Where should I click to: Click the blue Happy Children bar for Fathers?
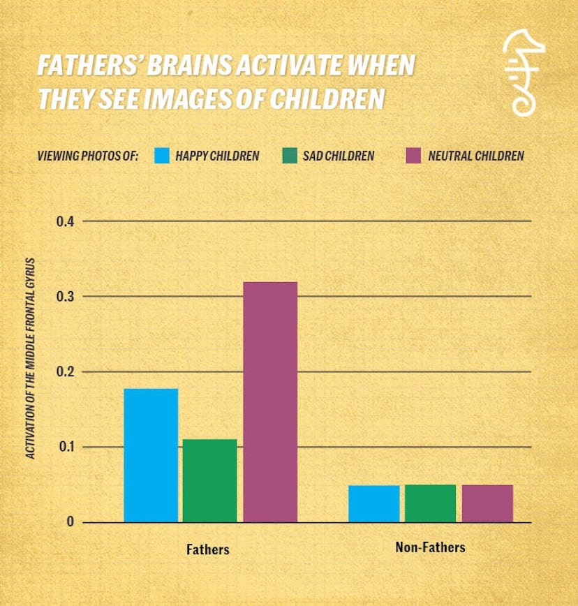151,455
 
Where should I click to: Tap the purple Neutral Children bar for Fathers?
270,401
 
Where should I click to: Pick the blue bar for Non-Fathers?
374,503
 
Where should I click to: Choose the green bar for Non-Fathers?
430,503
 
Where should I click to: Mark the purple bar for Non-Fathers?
487,503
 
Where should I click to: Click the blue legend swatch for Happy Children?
163,156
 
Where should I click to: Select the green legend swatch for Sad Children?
289,156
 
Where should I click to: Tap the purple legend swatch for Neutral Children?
414,156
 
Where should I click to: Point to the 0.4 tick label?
65,221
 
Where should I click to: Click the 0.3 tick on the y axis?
65,297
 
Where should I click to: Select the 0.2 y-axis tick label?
65,372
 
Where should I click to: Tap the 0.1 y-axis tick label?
65,448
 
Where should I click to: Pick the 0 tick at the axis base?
70,522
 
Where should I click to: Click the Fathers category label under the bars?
207,549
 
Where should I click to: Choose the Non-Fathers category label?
430,547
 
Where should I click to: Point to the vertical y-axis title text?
31,360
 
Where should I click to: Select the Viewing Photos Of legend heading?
88,156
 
